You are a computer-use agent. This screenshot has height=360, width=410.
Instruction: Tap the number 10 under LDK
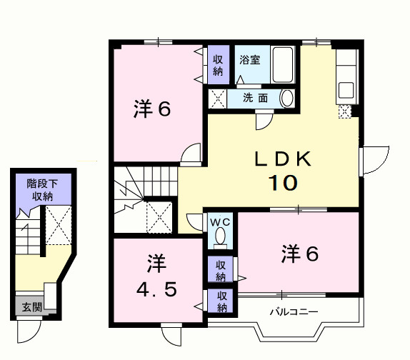[x=282, y=182]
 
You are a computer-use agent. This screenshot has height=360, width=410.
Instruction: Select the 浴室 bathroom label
[x=249, y=61]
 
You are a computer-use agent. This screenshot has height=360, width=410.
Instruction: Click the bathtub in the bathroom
[x=283, y=65]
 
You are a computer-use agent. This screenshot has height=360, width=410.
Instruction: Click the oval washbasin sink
[x=286, y=98]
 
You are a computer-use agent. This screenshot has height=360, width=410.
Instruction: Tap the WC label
[x=220, y=221]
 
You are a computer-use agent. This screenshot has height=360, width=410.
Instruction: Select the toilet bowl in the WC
[x=220, y=236]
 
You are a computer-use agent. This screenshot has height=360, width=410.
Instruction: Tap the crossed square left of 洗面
[x=216, y=98]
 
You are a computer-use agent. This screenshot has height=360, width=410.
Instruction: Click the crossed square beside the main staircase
[x=158, y=215]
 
